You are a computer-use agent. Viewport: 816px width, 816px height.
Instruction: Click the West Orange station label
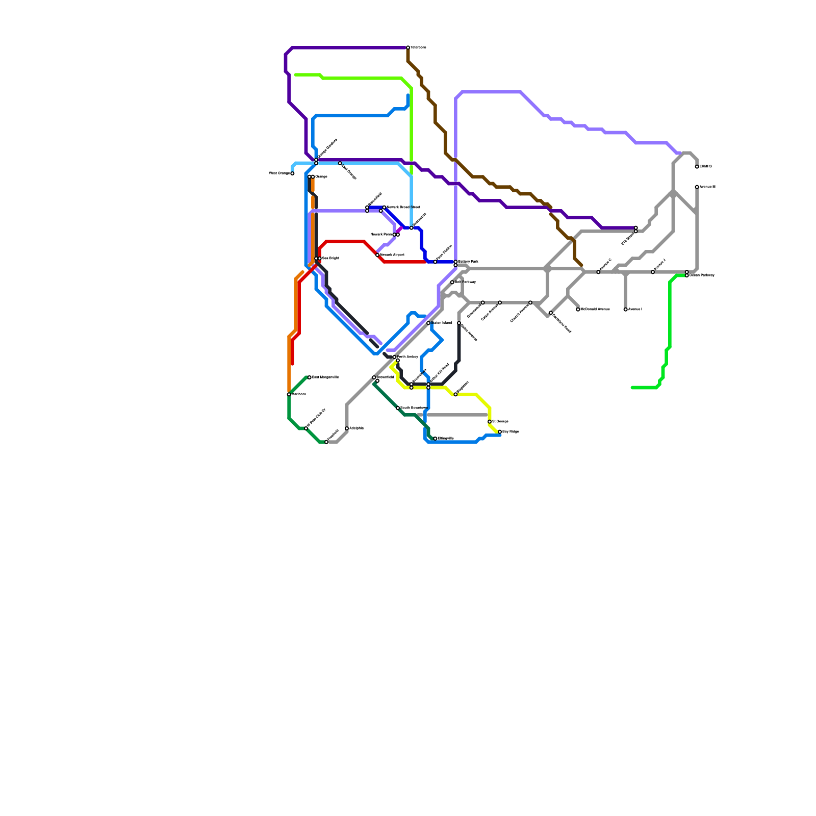click(x=279, y=173)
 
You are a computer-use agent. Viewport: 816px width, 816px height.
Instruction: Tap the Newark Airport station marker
click(x=377, y=255)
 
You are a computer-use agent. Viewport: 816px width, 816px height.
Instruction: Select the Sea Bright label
click(x=330, y=259)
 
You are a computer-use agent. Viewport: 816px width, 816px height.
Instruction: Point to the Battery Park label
click(x=468, y=262)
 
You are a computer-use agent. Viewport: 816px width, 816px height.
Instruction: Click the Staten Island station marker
click(x=428, y=323)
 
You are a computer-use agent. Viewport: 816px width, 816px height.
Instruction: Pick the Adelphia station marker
click(x=347, y=428)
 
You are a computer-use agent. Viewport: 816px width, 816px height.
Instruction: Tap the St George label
click(x=500, y=422)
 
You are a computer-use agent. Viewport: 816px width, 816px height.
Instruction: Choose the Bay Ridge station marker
click(x=500, y=432)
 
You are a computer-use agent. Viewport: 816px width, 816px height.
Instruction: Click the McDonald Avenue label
click(x=595, y=310)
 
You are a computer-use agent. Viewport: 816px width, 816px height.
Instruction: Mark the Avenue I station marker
click(x=626, y=310)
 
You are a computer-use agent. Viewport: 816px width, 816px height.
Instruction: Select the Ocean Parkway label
click(x=702, y=275)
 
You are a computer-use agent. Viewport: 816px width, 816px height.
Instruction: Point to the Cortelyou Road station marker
click(x=551, y=313)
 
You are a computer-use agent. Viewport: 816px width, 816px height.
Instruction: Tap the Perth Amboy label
click(x=408, y=357)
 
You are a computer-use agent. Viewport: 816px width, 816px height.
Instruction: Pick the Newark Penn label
click(x=380, y=235)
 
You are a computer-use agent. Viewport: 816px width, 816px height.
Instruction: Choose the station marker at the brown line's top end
click(x=408, y=48)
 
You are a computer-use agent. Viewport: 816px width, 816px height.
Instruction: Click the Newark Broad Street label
click(x=403, y=208)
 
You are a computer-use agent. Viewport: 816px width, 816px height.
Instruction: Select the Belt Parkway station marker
click(x=452, y=282)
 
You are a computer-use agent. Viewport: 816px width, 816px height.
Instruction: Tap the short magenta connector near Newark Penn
click(x=400, y=229)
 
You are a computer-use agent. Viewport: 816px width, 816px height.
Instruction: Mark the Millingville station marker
click(x=435, y=439)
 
